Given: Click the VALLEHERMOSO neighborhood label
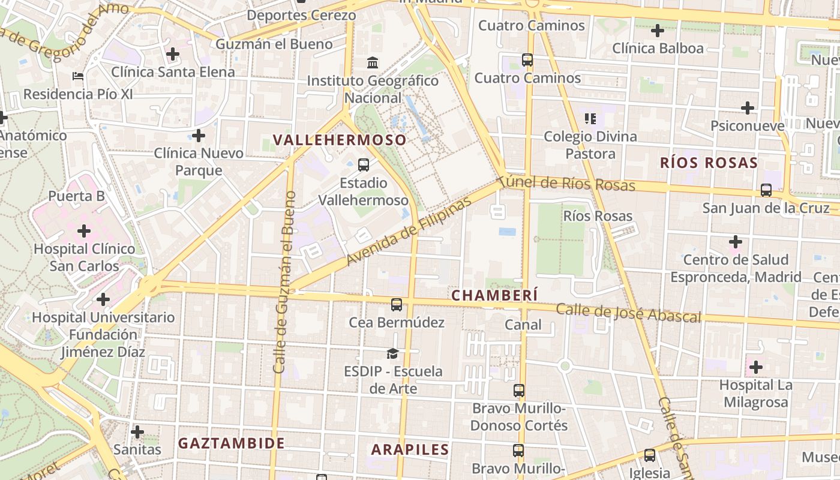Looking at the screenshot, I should (x=340, y=140).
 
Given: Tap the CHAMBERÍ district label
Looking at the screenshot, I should (x=494, y=295).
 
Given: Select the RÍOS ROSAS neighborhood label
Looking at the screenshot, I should (x=709, y=163).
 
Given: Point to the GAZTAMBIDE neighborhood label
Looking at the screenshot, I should (x=232, y=443).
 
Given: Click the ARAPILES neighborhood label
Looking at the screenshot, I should (x=410, y=449).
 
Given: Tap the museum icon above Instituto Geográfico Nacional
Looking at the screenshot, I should (x=373, y=62).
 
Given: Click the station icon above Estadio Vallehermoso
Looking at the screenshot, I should (x=363, y=165).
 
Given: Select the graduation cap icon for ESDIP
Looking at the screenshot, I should (x=392, y=353).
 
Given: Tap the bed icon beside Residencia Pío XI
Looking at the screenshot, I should (x=78, y=76).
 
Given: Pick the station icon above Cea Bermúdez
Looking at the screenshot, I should (x=397, y=305).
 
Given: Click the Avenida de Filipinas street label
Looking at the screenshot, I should (x=409, y=232).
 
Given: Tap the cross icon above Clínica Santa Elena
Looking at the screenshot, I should (x=173, y=55).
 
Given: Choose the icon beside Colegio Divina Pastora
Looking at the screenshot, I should (x=590, y=118).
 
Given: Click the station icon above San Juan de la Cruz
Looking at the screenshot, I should (x=766, y=190).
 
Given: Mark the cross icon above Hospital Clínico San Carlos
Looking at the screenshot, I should (x=84, y=230).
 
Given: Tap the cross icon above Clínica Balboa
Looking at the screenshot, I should (x=658, y=30).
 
